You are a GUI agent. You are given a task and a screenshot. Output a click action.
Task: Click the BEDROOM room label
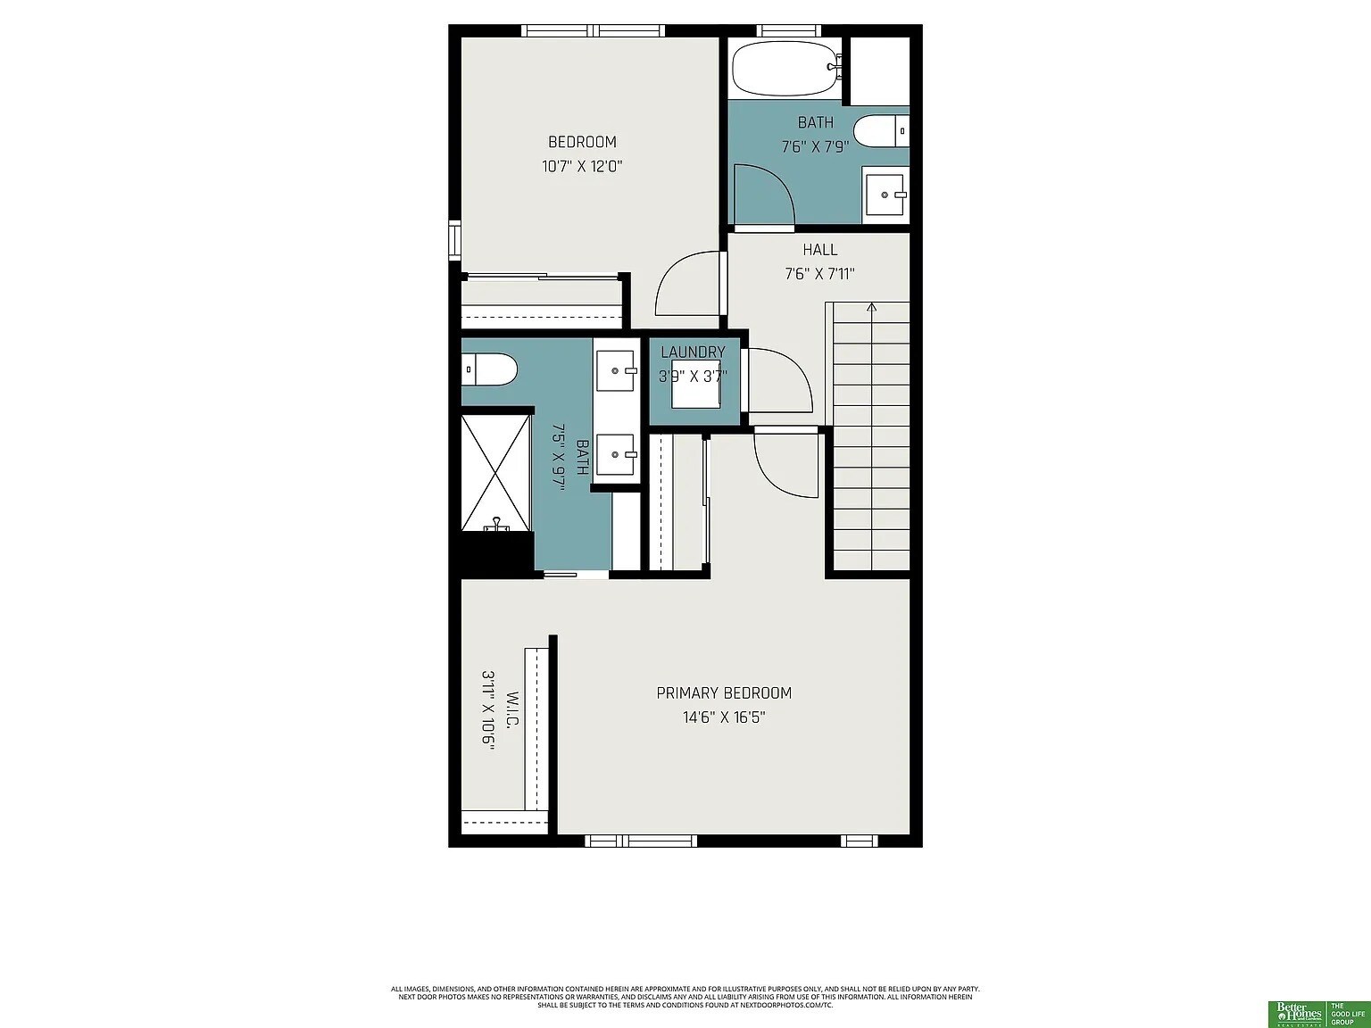[x=582, y=142]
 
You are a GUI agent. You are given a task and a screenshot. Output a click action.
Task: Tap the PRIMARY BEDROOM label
[x=724, y=693]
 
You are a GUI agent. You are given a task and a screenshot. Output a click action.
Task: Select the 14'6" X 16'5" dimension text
[x=724, y=717]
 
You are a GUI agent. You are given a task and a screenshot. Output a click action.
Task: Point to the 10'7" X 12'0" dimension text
[x=581, y=166]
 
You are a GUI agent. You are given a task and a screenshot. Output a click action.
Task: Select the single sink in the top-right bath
[x=885, y=195]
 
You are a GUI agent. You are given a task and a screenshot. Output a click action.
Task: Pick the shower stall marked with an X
[x=495, y=470]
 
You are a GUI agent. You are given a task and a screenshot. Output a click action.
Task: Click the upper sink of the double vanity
[x=616, y=369]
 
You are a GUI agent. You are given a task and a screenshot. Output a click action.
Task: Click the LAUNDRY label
[x=693, y=352]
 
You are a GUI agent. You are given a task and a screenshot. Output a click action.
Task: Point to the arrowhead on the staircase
[x=871, y=308]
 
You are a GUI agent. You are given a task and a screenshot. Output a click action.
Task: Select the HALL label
[x=819, y=250]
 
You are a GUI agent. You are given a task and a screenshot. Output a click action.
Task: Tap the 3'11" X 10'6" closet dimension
[x=488, y=711]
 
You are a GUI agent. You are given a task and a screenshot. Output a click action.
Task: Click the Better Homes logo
[x=1298, y=1012]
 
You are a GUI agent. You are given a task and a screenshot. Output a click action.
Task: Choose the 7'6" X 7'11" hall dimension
[x=819, y=274]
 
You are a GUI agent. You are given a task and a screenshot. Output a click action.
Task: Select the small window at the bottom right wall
[x=860, y=841]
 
